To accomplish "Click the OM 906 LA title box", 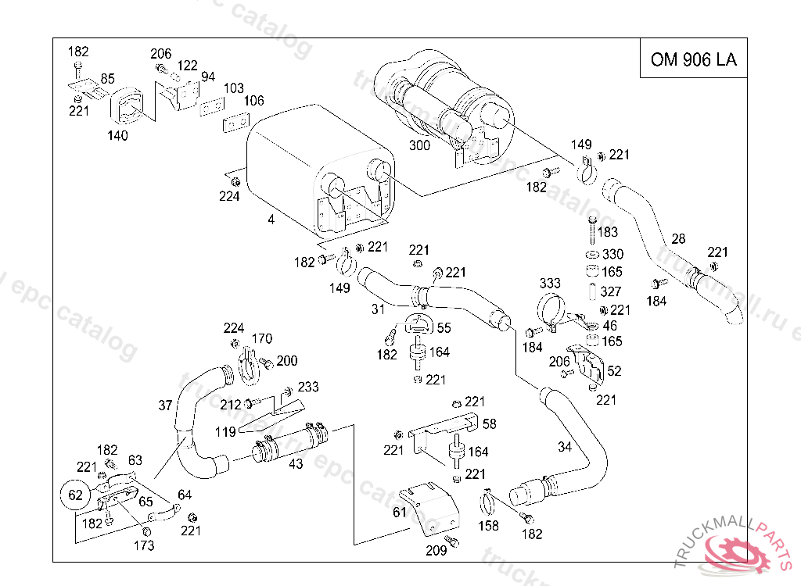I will (692, 59).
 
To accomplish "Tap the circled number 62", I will (75, 495).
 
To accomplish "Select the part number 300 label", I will (420, 145).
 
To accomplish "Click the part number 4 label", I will (271, 220).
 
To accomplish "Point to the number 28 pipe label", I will (678, 238).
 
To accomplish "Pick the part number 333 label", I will (550, 283).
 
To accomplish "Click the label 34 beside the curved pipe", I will (565, 447).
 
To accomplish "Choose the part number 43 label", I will (296, 463).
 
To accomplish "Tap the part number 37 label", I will (165, 406).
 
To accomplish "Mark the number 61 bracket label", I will (400, 513).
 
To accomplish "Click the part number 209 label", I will (436, 550).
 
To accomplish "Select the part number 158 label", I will (488, 526).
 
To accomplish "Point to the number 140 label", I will (117, 134).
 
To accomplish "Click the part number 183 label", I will (607, 232).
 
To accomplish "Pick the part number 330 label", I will (612, 255).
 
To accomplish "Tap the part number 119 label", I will (226, 431).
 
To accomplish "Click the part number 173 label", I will (144, 545).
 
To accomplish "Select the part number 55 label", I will (444, 329).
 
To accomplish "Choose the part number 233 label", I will (308, 387).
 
